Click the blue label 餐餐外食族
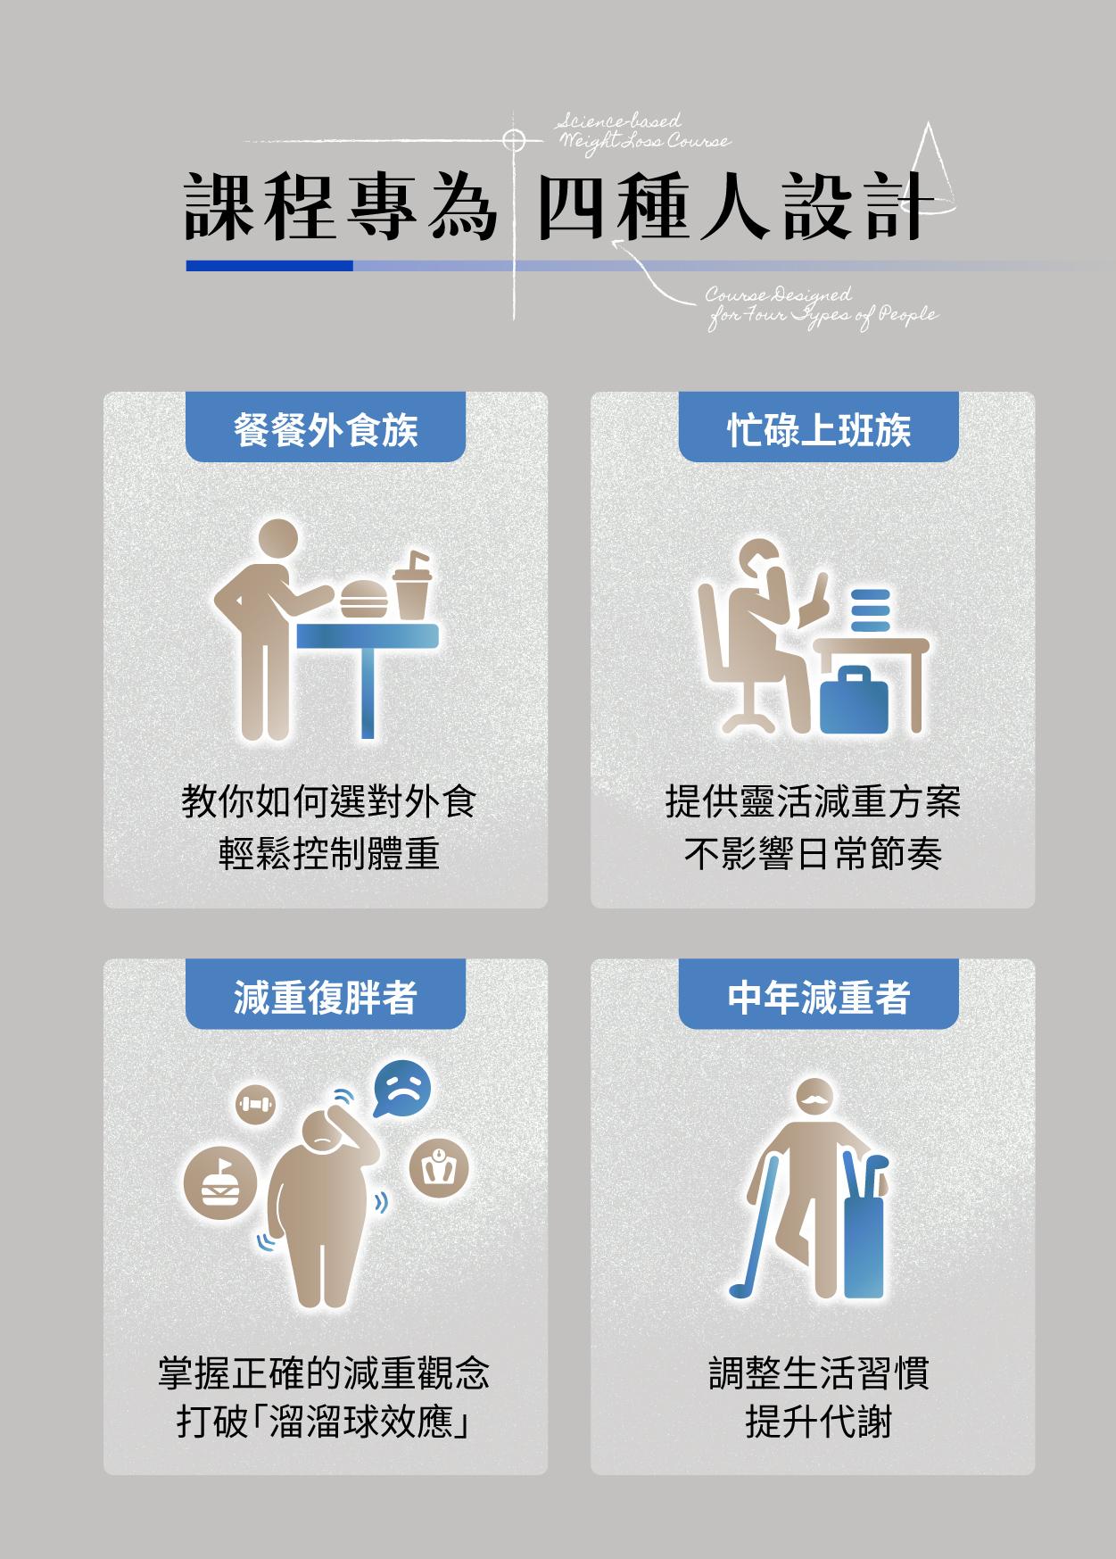tap(326, 428)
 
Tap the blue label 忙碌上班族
tap(818, 428)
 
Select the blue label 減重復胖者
tap(326, 995)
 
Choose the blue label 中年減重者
tap(818, 995)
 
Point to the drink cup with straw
tap(412, 585)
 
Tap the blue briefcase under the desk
tap(854, 701)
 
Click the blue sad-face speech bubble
tap(401, 1088)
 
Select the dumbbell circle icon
tap(256, 1104)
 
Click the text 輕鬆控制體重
tap(329, 854)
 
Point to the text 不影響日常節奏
tap(813, 854)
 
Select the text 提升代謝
tap(818, 1421)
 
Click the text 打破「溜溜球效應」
tap(324, 1421)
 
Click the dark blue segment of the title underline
tap(269, 265)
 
